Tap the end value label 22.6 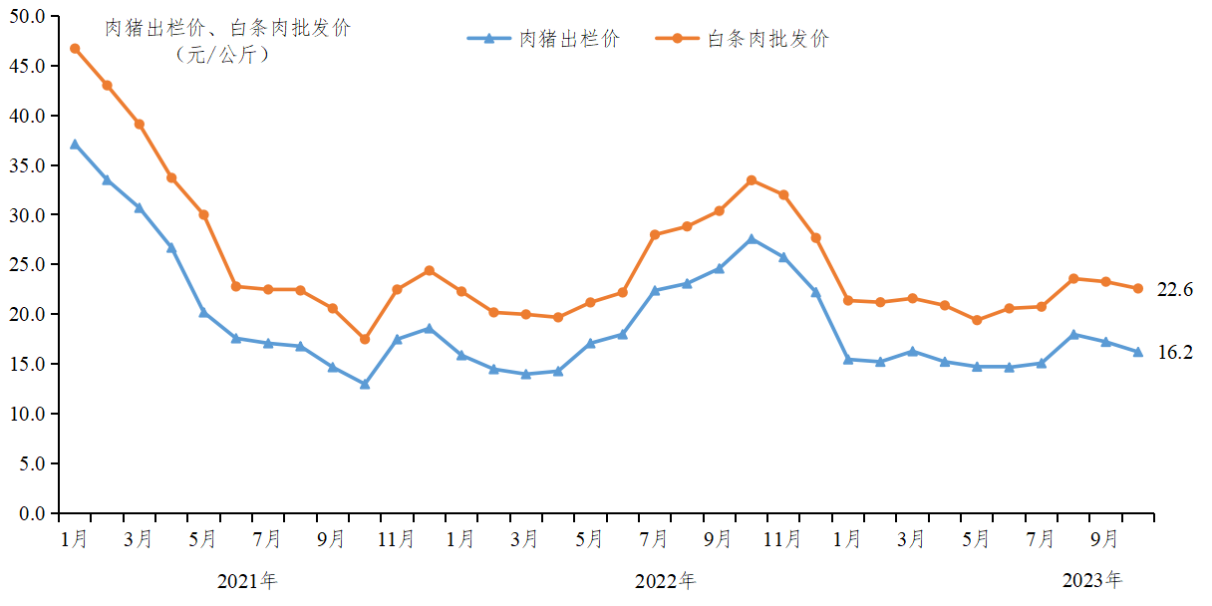tap(1174, 289)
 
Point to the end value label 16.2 tap(1174, 352)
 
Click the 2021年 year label tap(247, 581)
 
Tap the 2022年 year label tap(666, 581)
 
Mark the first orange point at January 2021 tap(75, 48)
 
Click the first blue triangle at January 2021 tap(75, 144)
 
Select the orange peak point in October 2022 tap(752, 180)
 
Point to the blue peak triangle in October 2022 tap(752, 239)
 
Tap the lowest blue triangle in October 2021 tap(365, 384)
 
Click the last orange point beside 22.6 tap(1137, 288)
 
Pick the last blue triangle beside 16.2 tap(1137, 352)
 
